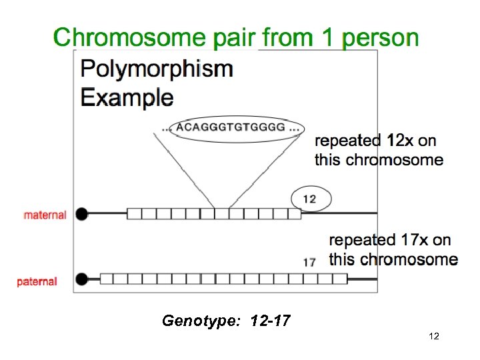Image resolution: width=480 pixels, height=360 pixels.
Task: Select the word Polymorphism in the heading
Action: [157, 69]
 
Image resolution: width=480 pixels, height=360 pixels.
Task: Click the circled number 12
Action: [310, 199]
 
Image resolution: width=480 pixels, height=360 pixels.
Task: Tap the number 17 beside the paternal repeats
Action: [309, 262]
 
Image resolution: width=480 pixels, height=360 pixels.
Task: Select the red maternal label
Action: [45, 215]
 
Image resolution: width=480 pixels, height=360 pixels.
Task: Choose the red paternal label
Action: [37, 281]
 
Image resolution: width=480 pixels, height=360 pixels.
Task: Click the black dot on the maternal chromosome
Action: [82, 214]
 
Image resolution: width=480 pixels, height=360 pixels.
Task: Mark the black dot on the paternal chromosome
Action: [83, 279]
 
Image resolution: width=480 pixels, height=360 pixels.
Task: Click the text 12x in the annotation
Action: [400, 141]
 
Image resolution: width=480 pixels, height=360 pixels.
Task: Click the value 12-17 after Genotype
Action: [270, 321]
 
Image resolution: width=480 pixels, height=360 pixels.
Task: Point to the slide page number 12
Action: [434, 337]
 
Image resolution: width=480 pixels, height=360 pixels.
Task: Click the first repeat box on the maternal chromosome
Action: [134, 214]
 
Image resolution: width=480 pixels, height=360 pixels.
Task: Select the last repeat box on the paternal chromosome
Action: [340, 279]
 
